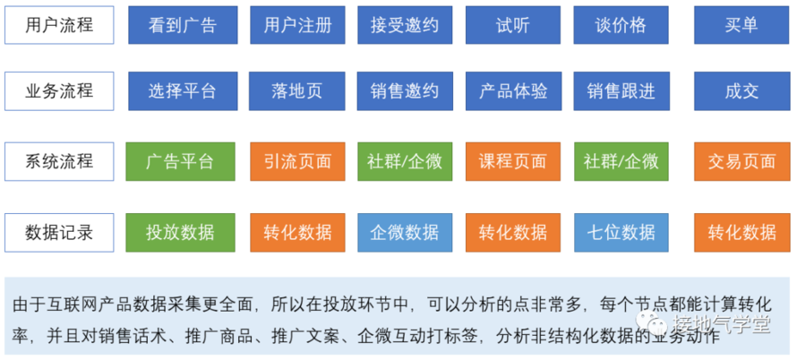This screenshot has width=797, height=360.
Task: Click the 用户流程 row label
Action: coord(59,25)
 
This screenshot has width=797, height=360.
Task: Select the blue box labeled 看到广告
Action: coord(183,25)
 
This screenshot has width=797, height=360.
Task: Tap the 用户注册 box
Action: coord(297,25)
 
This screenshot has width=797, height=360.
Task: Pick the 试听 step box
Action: coord(513,25)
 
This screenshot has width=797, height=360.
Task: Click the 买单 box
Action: coord(742,25)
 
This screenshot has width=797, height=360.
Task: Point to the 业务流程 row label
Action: coord(59,91)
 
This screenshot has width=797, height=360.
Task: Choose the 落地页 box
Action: coord(297,91)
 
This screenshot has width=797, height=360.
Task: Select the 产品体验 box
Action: coord(513,91)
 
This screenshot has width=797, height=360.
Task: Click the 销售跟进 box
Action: coord(621,91)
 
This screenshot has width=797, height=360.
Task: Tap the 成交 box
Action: coord(742,91)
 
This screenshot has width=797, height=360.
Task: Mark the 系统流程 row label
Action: coord(59,162)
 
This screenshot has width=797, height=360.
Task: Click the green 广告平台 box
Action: coord(180,162)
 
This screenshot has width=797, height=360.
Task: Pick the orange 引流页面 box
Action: coord(297,162)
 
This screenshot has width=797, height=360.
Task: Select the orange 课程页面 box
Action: coord(513,162)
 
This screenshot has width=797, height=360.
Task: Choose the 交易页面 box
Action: coord(742,162)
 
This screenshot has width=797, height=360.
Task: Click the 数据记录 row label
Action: coord(59,233)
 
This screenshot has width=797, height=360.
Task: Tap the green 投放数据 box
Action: coord(180,233)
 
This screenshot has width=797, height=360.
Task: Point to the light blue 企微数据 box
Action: coord(405,233)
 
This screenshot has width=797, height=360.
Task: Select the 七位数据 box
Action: coord(621,233)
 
